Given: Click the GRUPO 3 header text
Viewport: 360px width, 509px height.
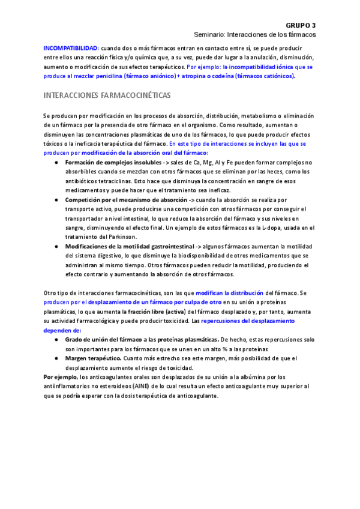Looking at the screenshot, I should tap(301, 25).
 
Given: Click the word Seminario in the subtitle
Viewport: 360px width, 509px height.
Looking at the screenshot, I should tap(211, 35).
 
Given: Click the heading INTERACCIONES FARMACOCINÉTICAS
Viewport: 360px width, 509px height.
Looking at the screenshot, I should tap(107, 96).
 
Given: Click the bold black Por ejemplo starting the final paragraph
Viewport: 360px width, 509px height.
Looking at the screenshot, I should tap(60, 377).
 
